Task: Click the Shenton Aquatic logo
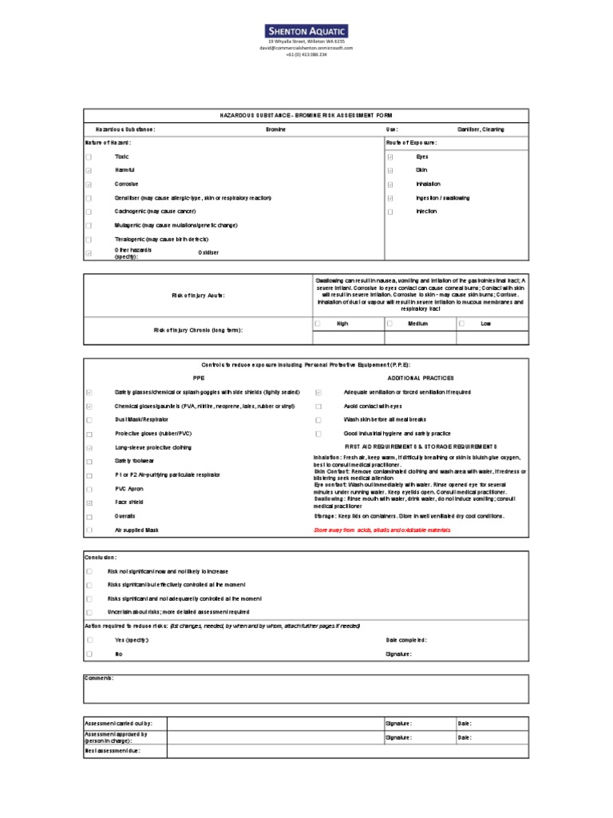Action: point(306,30)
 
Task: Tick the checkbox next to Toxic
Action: point(89,157)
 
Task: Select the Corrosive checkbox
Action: point(89,185)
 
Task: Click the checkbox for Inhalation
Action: point(390,185)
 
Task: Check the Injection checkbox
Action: point(390,212)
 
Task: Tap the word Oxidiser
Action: point(208,252)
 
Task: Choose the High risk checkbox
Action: point(318,324)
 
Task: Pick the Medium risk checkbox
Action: point(390,324)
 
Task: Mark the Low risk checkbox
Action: point(461,324)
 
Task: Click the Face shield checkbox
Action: point(89,502)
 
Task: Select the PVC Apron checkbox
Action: point(89,488)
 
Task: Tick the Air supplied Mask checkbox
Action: point(89,530)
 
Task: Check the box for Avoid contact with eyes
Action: point(318,406)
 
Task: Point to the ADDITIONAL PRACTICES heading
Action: point(421,377)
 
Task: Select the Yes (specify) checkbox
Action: point(89,640)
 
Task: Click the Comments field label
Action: point(99,677)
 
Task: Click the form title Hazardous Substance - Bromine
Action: point(306,115)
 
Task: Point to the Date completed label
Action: point(406,640)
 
